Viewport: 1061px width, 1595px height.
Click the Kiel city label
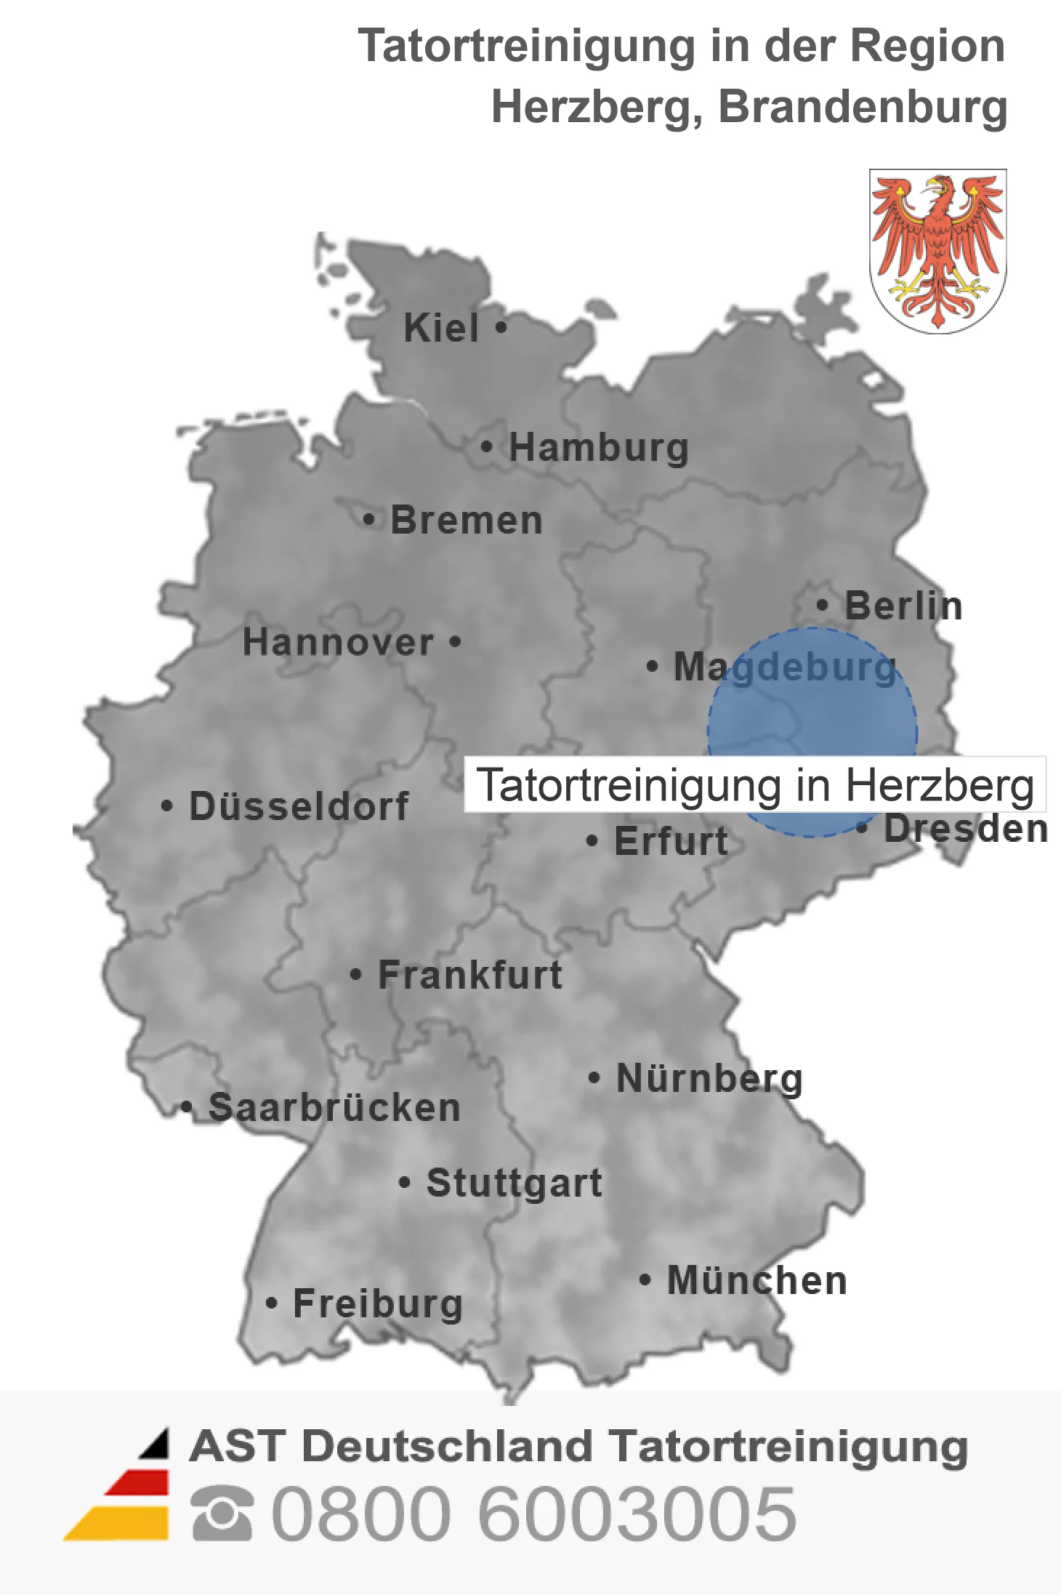point(441,328)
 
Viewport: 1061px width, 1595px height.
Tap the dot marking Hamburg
point(487,446)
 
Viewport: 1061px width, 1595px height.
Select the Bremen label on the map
point(467,521)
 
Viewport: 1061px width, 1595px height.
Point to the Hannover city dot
point(456,642)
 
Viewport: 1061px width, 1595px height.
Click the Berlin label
point(903,606)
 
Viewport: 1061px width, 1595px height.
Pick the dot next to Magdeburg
point(652,666)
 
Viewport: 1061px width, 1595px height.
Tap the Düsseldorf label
point(299,806)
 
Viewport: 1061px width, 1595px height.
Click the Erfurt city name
point(671,842)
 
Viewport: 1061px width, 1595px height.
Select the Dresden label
point(966,829)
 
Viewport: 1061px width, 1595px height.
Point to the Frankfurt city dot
point(355,974)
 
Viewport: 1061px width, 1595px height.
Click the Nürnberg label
point(709,1078)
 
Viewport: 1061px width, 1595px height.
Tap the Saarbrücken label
point(334,1108)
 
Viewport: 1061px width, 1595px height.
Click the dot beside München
point(645,1279)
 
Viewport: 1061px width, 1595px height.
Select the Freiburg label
point(378,1303)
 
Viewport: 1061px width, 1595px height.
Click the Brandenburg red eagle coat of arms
point(937,251)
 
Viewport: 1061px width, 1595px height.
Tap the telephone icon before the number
point(222,1514)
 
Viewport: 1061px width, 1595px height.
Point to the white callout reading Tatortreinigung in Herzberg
point(755,785)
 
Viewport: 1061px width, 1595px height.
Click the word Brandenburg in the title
point(863,107)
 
